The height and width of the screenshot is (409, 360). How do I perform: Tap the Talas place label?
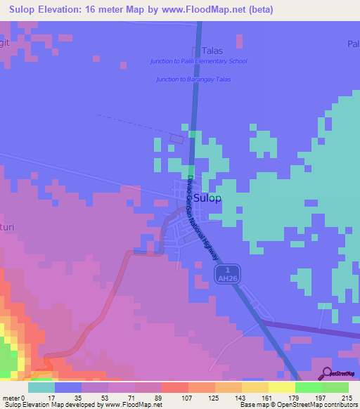click(212, 51)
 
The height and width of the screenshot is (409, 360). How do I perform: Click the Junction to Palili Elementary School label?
click(198, 61)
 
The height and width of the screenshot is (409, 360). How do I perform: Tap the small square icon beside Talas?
click(196, 51)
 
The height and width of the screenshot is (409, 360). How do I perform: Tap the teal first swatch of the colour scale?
click(41, 387)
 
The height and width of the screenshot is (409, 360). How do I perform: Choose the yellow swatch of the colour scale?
click(255, 387)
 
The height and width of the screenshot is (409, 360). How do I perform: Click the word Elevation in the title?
click(65, 10)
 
